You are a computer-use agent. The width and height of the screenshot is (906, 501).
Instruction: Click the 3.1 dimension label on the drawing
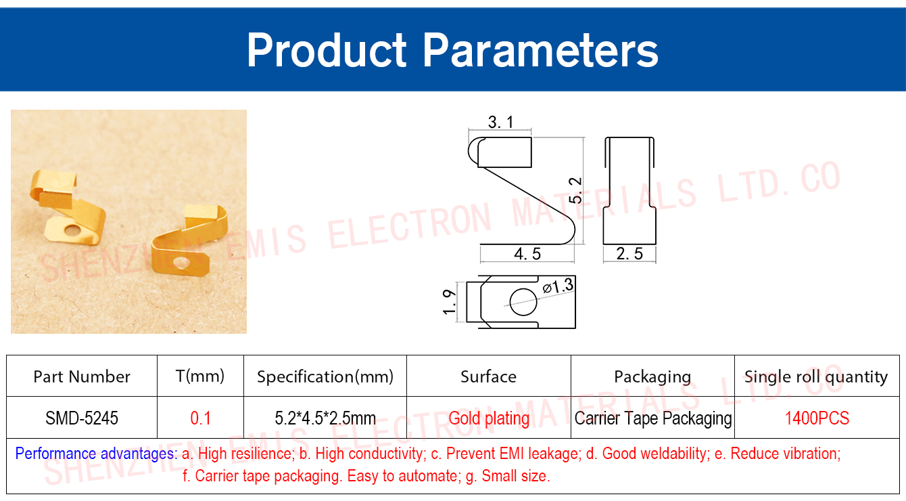point(500,122)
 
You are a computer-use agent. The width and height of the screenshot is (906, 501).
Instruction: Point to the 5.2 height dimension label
point(575,190)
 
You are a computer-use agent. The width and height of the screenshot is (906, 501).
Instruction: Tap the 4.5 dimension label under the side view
point(527,254)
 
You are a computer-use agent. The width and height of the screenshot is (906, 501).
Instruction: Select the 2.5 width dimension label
point(629,254)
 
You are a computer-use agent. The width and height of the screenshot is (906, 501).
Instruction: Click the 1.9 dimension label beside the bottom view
point(450,302)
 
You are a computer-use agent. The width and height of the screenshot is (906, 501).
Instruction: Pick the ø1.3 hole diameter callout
point(558,286)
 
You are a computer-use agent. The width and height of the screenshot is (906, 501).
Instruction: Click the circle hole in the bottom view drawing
point(523,302)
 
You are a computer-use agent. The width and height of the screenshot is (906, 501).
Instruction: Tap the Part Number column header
point(82,376)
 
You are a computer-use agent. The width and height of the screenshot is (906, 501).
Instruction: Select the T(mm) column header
point(200,376)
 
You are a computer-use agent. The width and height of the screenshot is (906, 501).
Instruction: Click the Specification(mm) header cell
point(325,376)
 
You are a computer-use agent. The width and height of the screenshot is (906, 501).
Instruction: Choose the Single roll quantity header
point(816,377)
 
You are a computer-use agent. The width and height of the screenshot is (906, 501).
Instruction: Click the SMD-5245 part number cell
point(82,418)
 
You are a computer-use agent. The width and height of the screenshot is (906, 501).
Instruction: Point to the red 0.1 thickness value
point(200,418)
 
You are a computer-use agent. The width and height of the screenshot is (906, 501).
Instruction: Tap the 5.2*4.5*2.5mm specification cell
point(325,418)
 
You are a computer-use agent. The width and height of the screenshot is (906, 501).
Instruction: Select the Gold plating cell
point(489,418)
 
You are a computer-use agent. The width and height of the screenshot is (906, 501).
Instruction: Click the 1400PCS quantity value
point(817,418)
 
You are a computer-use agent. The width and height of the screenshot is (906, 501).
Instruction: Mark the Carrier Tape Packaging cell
point(653,418)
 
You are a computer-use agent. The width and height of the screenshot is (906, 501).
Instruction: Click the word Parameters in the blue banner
point(540,50)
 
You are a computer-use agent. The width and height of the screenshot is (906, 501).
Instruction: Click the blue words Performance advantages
point(96,454)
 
